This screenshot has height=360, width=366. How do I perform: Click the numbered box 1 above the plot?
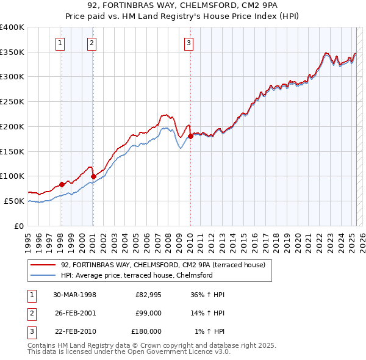tap(61, 43)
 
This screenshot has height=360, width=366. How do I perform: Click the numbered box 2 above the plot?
tap(91, 43)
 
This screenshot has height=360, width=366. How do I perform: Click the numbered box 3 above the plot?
tap(188, 43)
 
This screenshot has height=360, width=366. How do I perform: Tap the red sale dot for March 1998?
tap(62, 184)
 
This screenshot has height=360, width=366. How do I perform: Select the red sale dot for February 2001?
tap(93, 176)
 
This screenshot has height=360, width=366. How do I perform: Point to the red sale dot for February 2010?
tap(190, 136)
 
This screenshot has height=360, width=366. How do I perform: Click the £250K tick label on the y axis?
tap(12, 101)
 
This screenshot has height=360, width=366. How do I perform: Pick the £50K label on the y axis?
tap(15, 201)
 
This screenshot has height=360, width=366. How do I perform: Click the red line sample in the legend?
tap(43, 265)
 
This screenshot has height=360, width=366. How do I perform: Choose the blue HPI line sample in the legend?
tap(43, 276)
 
